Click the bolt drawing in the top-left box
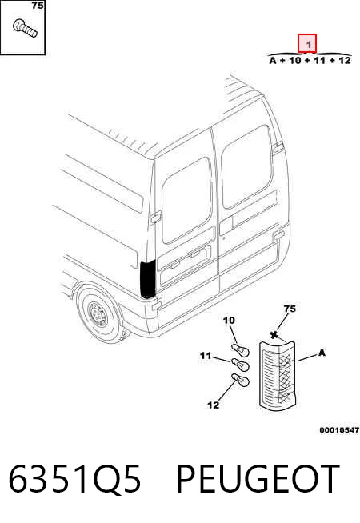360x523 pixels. [x=25, y=28]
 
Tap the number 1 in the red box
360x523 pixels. [x=309, y=44]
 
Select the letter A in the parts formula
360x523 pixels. [x=273, y=61]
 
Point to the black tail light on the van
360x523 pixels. [x=148, y=280]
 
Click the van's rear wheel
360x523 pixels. [x=99, y=313]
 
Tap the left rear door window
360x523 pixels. [x=187, y=201]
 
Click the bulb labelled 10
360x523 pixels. [x=239, y=351]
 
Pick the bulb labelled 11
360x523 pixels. [x=239, y=365]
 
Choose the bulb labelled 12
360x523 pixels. [x=240, y=380]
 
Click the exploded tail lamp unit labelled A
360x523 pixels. [x=278, y=376]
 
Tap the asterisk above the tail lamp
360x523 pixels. [x=274, y=335]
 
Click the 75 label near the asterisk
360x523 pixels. [x=290, y=309]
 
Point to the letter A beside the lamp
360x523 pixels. [x=322, y=353]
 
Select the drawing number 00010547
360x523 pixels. [x=339, y=430]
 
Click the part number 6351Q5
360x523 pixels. [x=74, y=478]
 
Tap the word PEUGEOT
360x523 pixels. [x=258, y=478]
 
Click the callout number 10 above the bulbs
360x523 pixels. [x=229, y=321]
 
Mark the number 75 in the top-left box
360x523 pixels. [x=38, y=6]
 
